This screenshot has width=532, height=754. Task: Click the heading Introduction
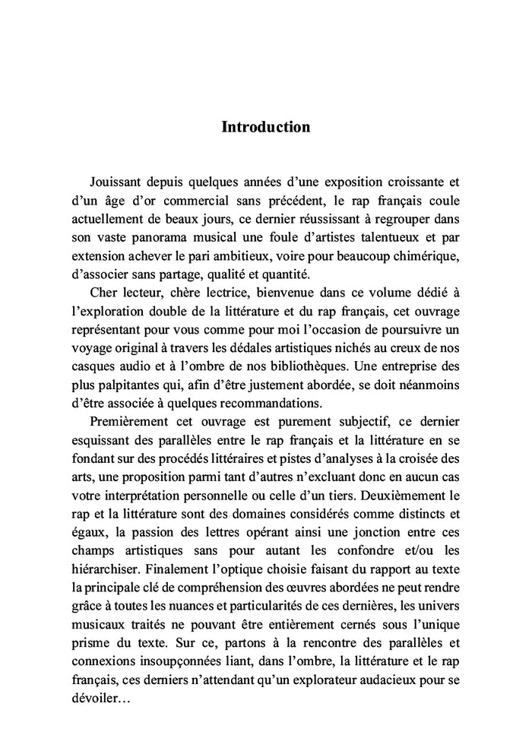tap(265, 127)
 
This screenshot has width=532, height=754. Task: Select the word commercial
tap(218, 201)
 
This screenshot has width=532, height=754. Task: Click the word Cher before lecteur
tap(103, 293)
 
